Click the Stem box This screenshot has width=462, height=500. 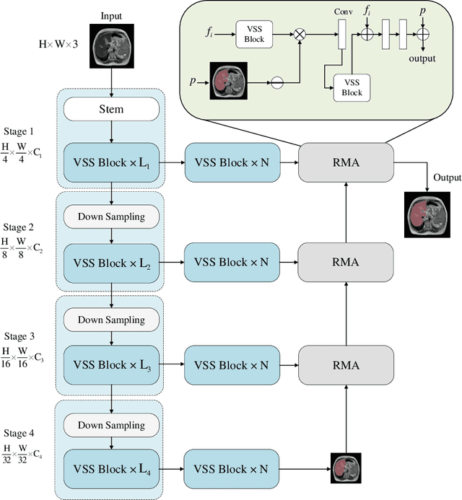[110, 110]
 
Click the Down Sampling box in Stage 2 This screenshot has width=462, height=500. [110, 216]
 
